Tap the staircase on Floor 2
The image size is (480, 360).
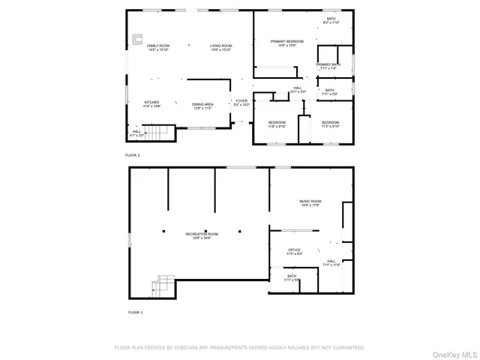(x=154, y=133)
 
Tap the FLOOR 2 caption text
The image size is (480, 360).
(x=133, y=154)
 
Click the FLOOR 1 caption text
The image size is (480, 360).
(x=135, y=311)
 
